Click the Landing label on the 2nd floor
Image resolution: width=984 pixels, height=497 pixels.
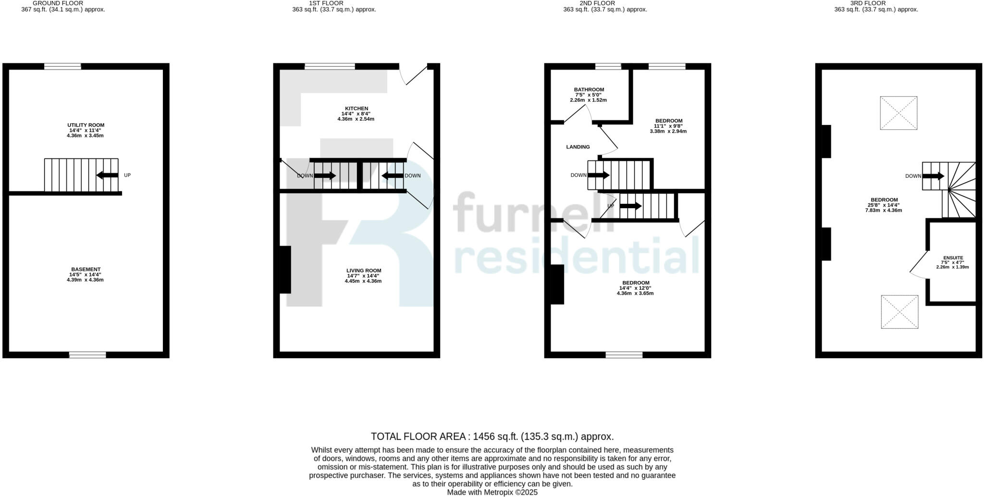point(578,147)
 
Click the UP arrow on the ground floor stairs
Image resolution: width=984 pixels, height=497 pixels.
point(107,175)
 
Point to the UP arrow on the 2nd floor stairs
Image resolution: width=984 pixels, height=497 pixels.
point(630,206)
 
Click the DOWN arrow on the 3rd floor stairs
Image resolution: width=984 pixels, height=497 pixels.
point(933,176)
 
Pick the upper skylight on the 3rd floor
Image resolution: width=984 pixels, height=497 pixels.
point(898,113)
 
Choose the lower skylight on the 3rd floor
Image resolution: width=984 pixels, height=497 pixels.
point(899,312)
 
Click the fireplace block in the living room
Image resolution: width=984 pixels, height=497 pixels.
point(285,270)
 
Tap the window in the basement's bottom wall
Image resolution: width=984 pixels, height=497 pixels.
point(87,355)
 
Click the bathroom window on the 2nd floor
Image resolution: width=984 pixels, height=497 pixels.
point(608,66)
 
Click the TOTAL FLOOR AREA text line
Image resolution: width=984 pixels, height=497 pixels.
point(492,436)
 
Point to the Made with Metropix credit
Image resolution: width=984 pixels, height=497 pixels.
point(492,492)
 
